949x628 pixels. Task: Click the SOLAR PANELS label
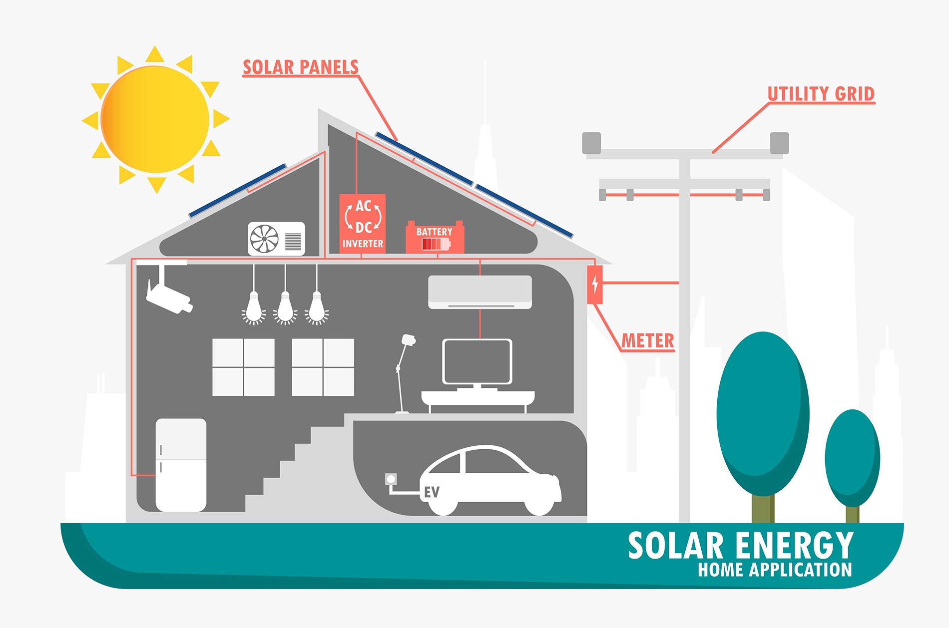[300, 67]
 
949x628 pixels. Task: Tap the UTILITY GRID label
[821, 94]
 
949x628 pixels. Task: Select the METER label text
[648, 341]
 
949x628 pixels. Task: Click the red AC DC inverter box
[363, 224]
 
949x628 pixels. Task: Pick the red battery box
[435, 238]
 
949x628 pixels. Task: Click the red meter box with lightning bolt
[595, 285]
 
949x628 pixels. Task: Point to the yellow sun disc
[155, 119]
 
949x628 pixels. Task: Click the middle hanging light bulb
[285, 308]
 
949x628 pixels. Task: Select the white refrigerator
[181, 465]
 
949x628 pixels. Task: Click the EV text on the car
[432, 492]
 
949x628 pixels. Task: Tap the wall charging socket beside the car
[391, 480]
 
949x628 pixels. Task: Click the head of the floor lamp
[408, 340]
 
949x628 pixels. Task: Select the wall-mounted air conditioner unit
[480, 292]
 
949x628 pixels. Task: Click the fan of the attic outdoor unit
[265, 239]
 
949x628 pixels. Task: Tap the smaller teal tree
[852, 457]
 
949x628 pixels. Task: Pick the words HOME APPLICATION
[775, 570]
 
